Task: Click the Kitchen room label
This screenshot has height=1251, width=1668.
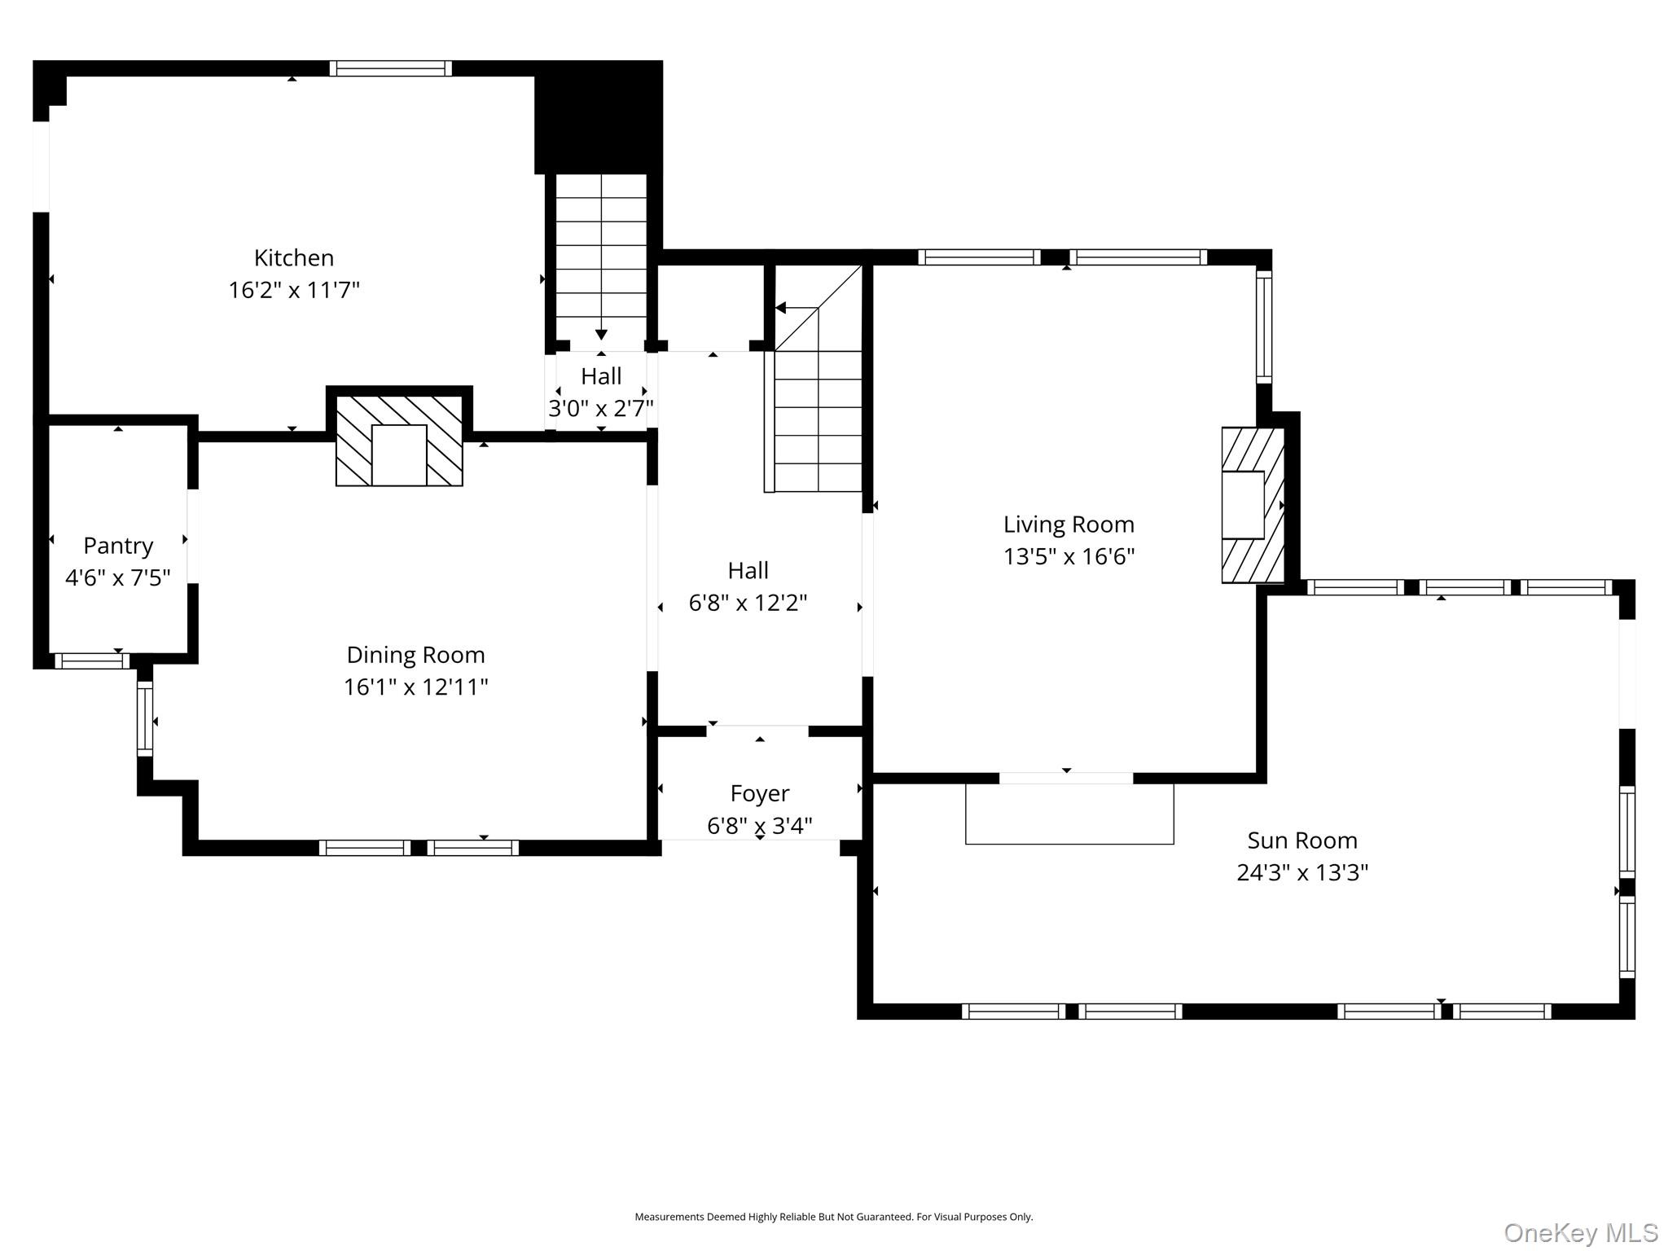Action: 293,258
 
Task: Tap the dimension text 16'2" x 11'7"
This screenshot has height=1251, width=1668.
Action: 293,290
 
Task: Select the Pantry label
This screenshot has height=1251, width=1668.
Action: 118,546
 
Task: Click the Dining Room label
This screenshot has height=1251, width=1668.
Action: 415,655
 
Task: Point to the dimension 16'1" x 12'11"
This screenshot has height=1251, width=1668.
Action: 415,687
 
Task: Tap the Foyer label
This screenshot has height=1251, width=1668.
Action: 759,793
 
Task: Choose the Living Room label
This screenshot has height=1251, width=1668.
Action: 1069,525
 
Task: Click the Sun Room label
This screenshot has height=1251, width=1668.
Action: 1301,841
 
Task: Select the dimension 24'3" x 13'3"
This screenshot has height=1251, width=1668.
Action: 1301,873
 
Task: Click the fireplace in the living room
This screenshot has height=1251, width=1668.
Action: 1251,505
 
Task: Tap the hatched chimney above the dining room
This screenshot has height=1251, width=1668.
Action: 399,441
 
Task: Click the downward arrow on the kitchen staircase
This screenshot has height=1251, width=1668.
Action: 601,334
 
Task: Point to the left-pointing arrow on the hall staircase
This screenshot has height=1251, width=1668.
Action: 781,308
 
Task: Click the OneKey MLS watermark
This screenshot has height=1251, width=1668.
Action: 1580,1233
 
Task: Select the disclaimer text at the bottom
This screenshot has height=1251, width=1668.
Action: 833,1217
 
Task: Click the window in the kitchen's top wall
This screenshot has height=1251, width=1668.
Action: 390,68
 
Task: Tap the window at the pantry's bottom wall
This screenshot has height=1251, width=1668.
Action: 91,661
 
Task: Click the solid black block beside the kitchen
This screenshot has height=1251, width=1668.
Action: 598,116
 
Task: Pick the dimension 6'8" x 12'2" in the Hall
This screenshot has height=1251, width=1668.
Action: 748,604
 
